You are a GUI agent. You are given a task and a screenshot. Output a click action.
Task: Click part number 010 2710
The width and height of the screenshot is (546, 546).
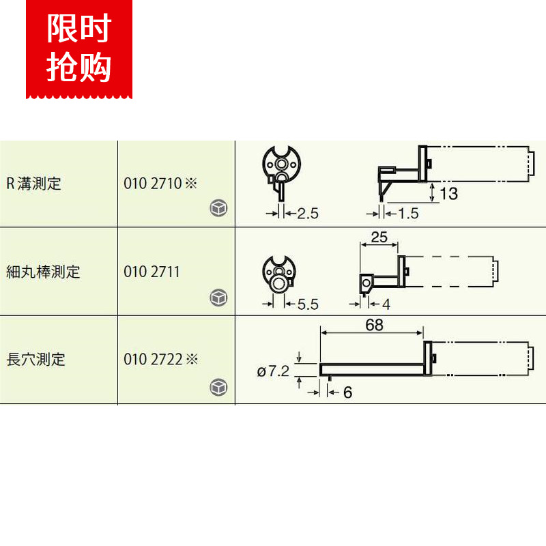click(153, 184)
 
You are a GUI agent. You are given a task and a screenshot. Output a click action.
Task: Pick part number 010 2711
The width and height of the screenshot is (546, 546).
click(152, 272)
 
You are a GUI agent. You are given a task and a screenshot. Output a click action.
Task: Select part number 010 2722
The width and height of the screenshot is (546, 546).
click(153, 359)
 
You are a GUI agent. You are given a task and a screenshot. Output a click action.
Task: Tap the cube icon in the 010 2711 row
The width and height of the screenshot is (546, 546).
click(218, 298)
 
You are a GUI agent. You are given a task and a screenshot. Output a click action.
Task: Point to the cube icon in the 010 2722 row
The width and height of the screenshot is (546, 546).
click(218, 387)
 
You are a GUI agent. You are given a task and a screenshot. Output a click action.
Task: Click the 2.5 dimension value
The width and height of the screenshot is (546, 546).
click(307, 214)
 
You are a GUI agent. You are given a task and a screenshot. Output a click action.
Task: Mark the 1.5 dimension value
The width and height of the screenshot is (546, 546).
click(407, 214)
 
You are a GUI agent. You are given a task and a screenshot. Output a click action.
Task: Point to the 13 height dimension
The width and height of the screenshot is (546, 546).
click(448, 194)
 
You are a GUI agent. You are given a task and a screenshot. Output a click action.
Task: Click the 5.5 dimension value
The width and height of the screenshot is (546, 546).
click(307, 304)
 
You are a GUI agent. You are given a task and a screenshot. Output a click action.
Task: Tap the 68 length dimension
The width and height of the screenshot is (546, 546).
click(374, 326)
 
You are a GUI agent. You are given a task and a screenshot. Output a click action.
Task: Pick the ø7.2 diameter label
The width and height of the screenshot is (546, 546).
click(274, 371)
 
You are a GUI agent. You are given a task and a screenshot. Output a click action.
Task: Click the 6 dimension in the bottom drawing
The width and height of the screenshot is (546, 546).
click(347, 392)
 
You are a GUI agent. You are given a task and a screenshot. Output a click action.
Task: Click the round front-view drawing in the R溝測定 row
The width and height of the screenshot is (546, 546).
click(281, 168)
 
